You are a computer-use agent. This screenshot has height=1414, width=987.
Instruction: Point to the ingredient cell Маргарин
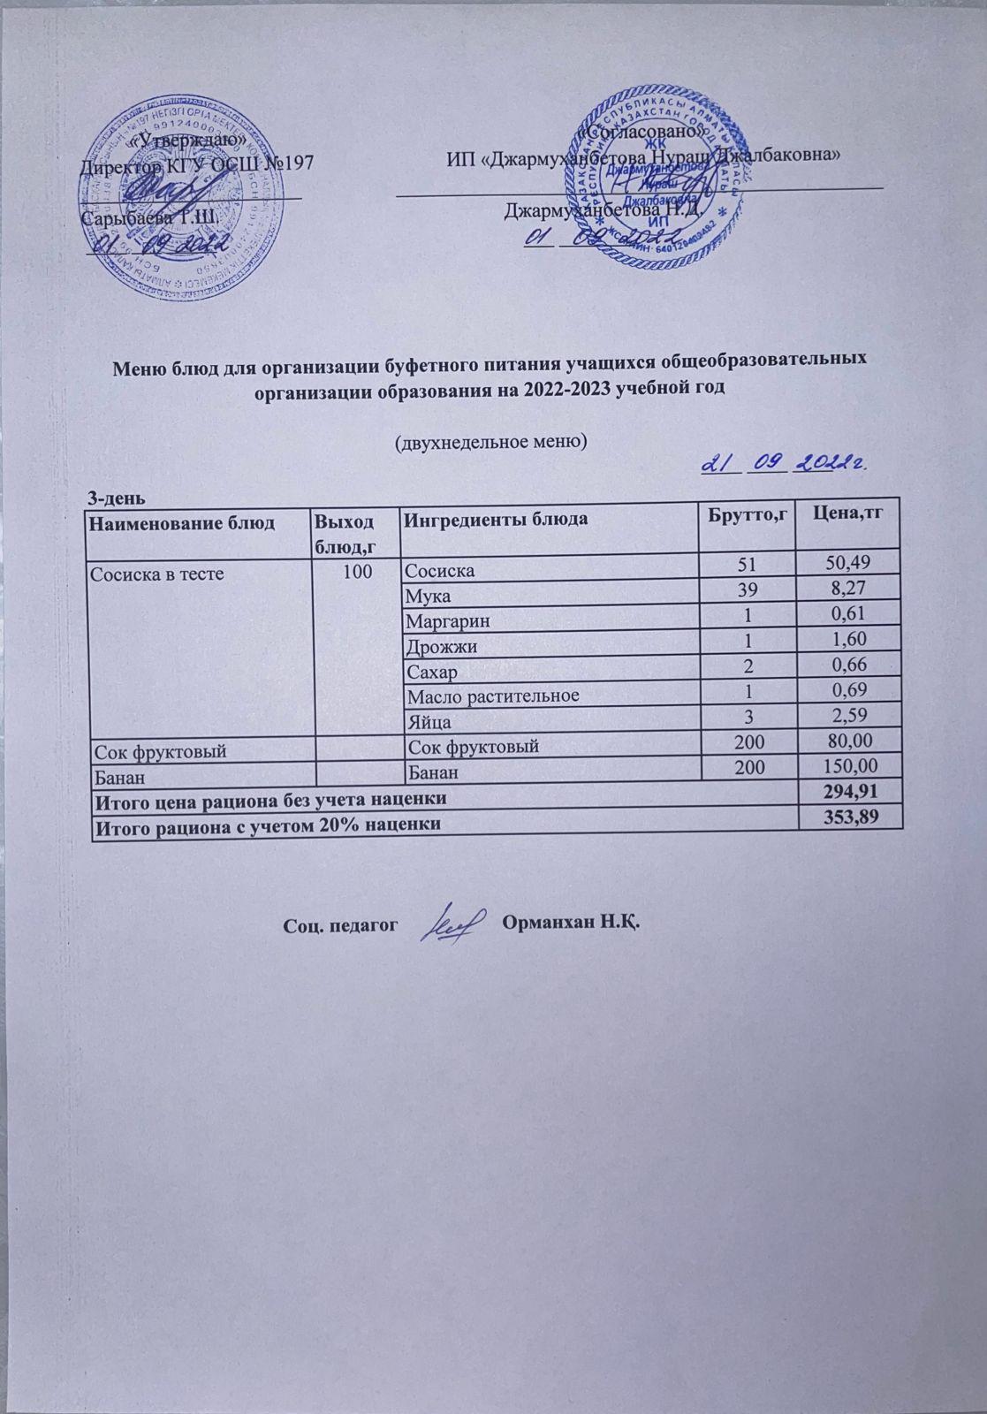pos(447,620)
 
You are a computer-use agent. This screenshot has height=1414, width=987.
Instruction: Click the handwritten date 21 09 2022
pos(783,463)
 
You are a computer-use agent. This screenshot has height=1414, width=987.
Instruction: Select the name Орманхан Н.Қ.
pos(570,924)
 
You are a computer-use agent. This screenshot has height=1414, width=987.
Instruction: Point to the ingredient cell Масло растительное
pos(492,696)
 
